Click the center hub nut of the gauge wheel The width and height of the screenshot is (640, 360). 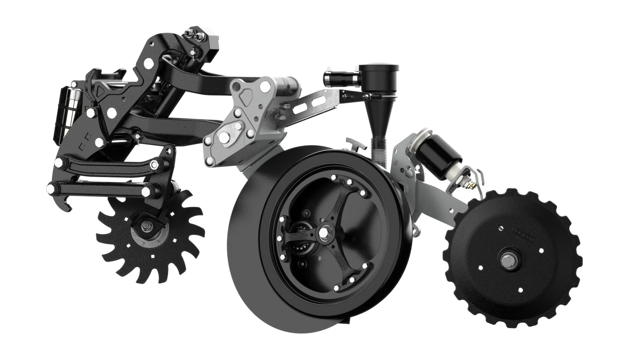coord(323,232)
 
